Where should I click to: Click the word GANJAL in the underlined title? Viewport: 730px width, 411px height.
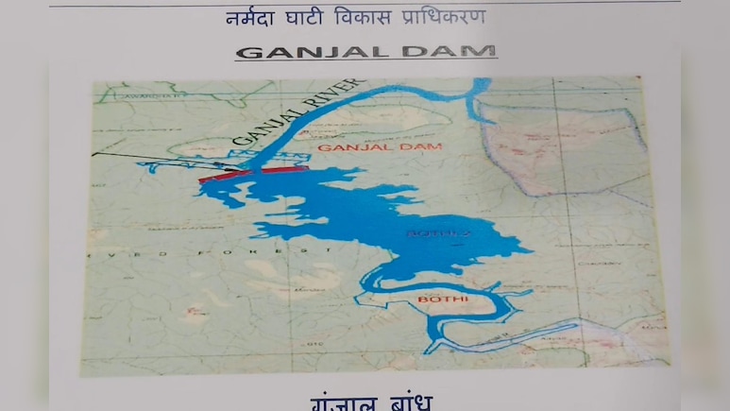(x=301, y=51)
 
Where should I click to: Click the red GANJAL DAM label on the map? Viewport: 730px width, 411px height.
(x=355, y=148)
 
